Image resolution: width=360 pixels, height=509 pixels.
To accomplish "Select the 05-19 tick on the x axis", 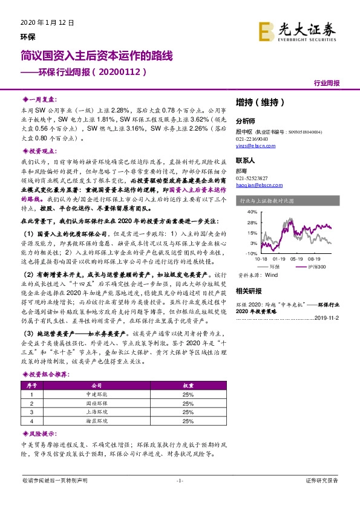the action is (x=297, y=258).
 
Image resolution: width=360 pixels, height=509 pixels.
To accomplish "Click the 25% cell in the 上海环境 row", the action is (x=187, y=412).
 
